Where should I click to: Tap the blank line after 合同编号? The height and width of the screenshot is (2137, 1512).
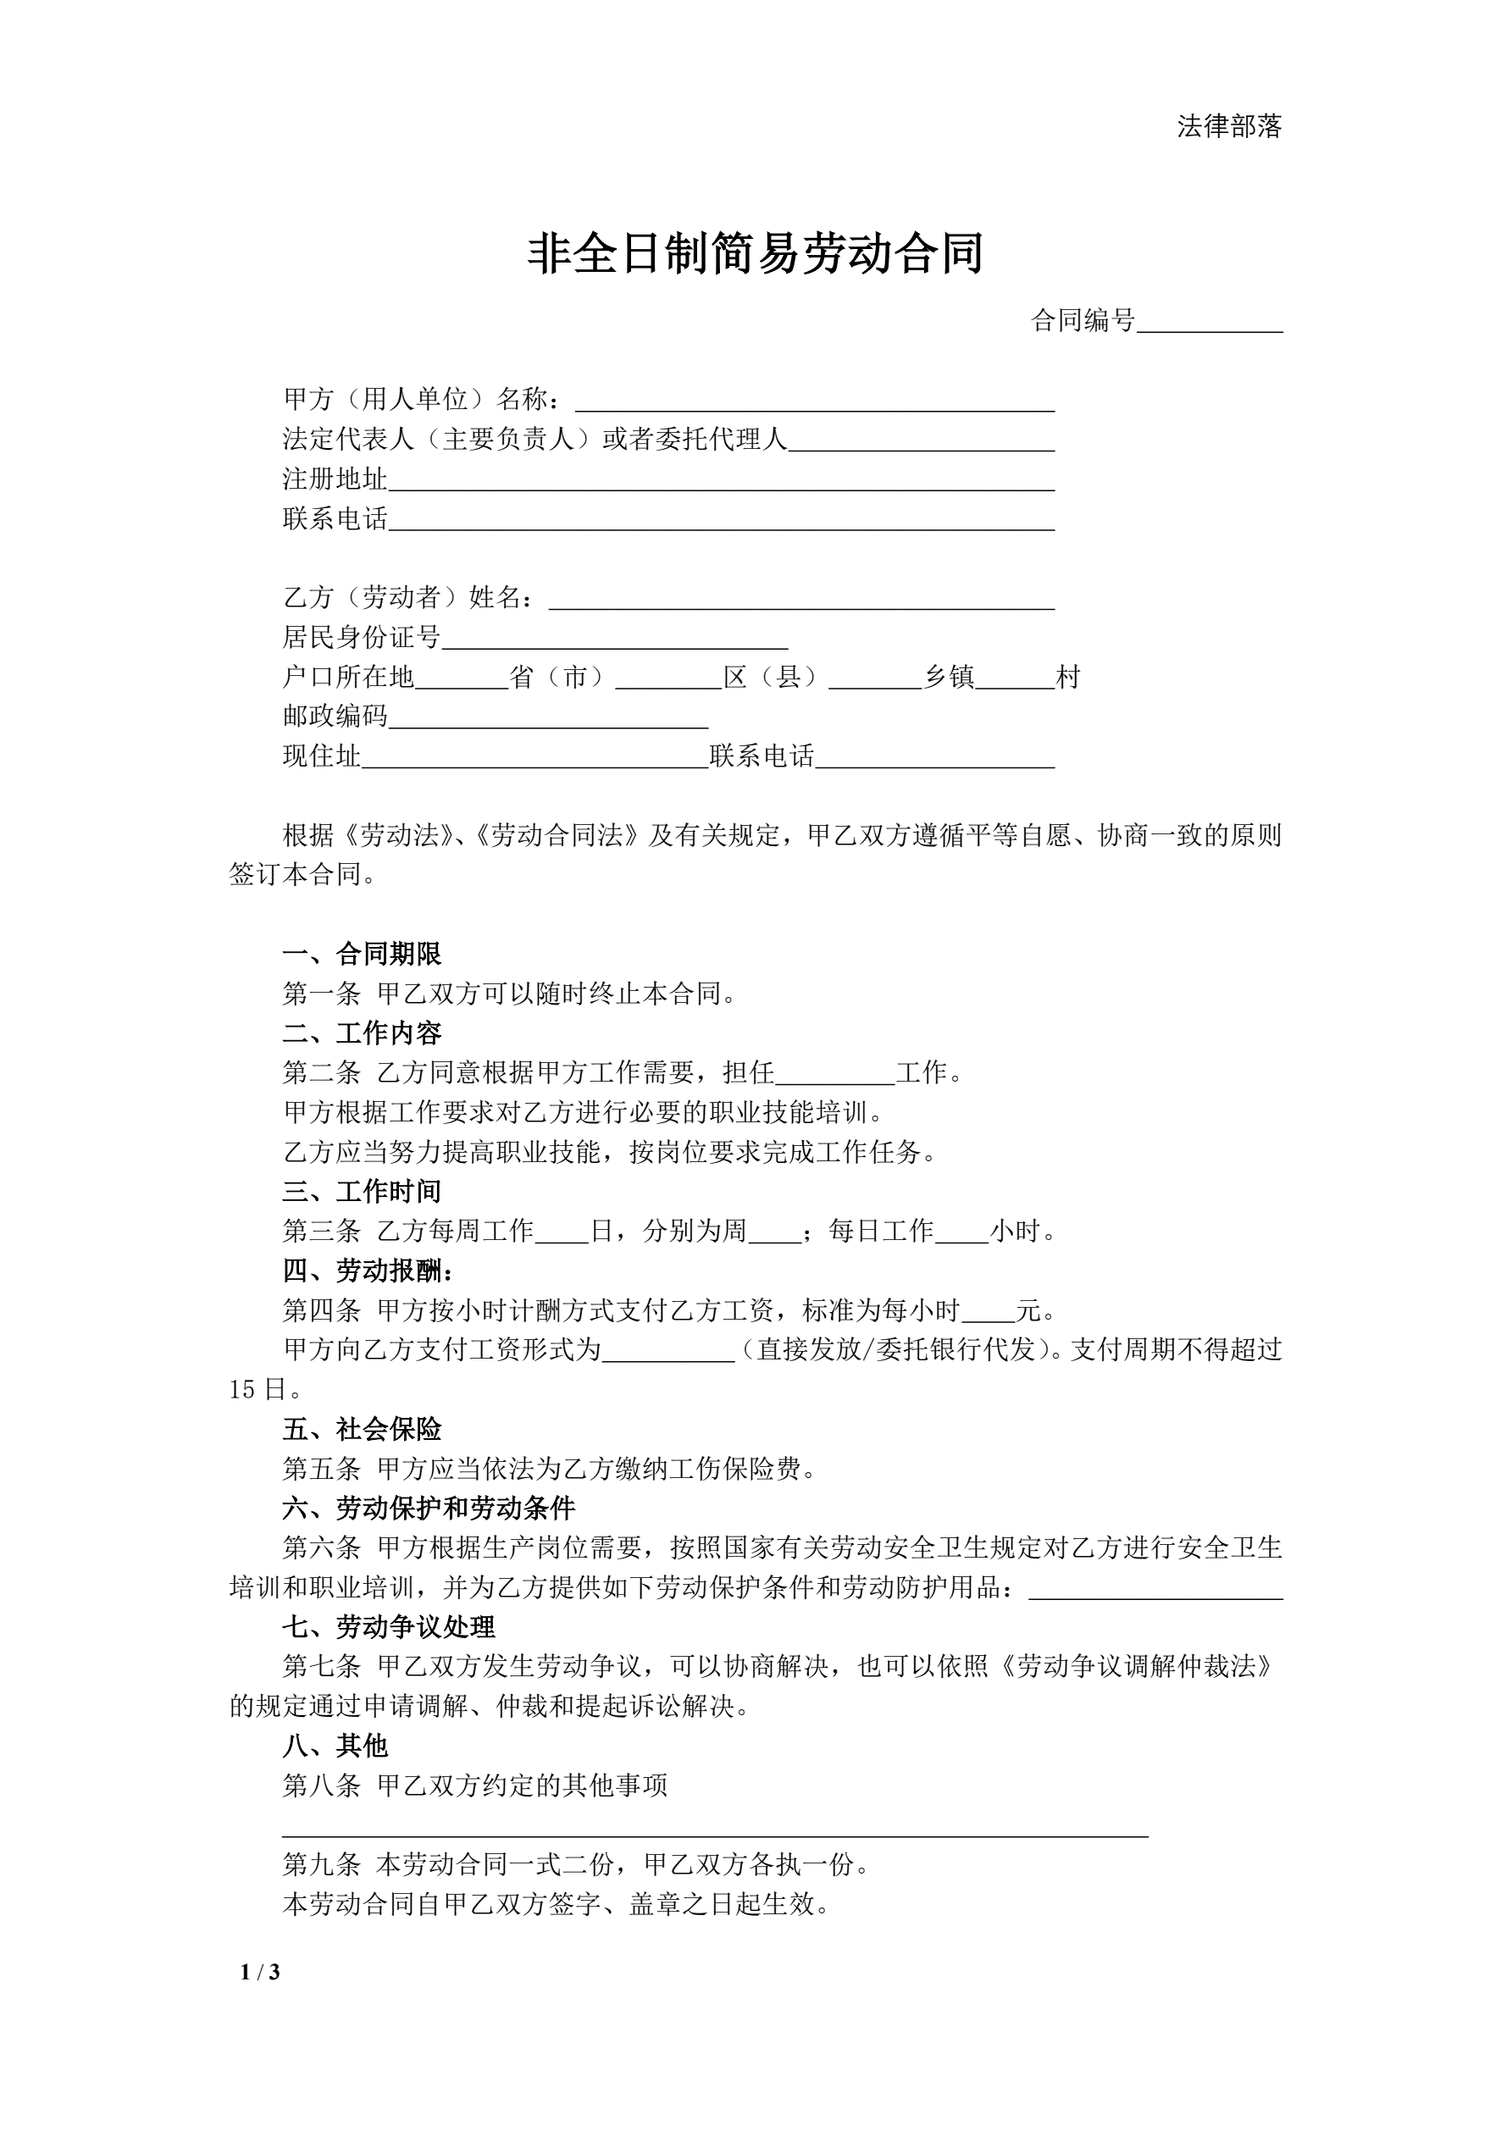pos(1210,322)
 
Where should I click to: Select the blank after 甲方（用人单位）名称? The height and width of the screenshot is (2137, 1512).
pos(815,401)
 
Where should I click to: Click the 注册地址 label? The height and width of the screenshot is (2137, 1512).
pos(335,479)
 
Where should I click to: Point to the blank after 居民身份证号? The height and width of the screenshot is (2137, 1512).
pos(614,639)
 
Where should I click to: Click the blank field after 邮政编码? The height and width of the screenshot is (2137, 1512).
pos(548,717)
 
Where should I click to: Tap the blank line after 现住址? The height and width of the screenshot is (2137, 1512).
pos(535,756)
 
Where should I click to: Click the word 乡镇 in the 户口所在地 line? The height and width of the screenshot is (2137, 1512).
pos(949,678)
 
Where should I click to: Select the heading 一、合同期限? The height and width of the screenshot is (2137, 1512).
pos(363,954)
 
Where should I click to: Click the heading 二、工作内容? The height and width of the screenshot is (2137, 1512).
pos(363,1033)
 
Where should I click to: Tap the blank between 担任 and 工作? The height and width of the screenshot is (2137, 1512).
pos(835,1074)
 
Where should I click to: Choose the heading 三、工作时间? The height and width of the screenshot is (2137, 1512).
pos(363,1192)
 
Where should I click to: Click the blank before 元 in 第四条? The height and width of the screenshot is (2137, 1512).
pos(989,1312)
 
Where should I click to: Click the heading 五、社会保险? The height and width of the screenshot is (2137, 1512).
pos(363,1430)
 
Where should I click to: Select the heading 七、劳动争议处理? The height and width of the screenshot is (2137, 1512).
pos(389,1627)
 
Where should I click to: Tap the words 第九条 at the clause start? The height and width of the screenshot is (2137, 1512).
pos(322,1864)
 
